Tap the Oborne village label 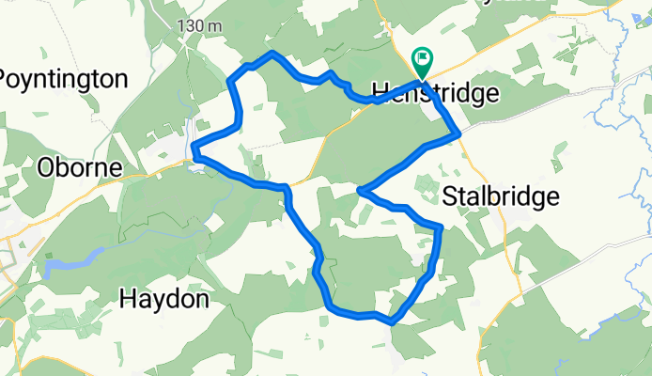[80, 167]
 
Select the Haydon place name [163, 299]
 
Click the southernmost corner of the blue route [390, 321]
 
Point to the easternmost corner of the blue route [458, 134]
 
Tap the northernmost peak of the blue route [272, 54]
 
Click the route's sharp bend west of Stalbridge [360, 191]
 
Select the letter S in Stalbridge [449, 196]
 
